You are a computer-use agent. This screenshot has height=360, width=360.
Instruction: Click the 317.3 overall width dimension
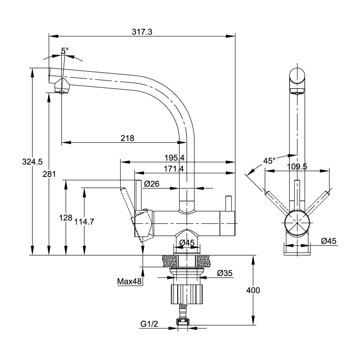[142, 32]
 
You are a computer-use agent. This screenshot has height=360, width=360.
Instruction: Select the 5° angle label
[64, 51]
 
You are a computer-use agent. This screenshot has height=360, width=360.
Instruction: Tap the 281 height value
[49, 174]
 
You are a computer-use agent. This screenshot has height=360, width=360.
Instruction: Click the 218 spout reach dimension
[127, 138]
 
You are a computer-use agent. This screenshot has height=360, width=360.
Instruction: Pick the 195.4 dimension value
[175, 158]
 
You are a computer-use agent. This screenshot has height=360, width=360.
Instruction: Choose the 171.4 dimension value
[175, 168]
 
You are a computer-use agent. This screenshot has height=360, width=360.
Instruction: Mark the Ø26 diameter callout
[152, 184]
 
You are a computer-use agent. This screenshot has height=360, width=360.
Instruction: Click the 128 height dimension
[66, 218]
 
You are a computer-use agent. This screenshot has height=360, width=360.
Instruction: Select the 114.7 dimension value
[84, 222]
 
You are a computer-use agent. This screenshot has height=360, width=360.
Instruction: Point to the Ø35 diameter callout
[225, 273]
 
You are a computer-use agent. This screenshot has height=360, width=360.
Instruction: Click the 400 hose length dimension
[253, 290]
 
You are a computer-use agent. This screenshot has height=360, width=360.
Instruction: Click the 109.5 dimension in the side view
[297, 166]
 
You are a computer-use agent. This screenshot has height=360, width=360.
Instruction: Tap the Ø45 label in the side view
[328, 241]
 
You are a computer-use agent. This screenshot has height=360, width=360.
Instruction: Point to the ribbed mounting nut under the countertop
[187, 293]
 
